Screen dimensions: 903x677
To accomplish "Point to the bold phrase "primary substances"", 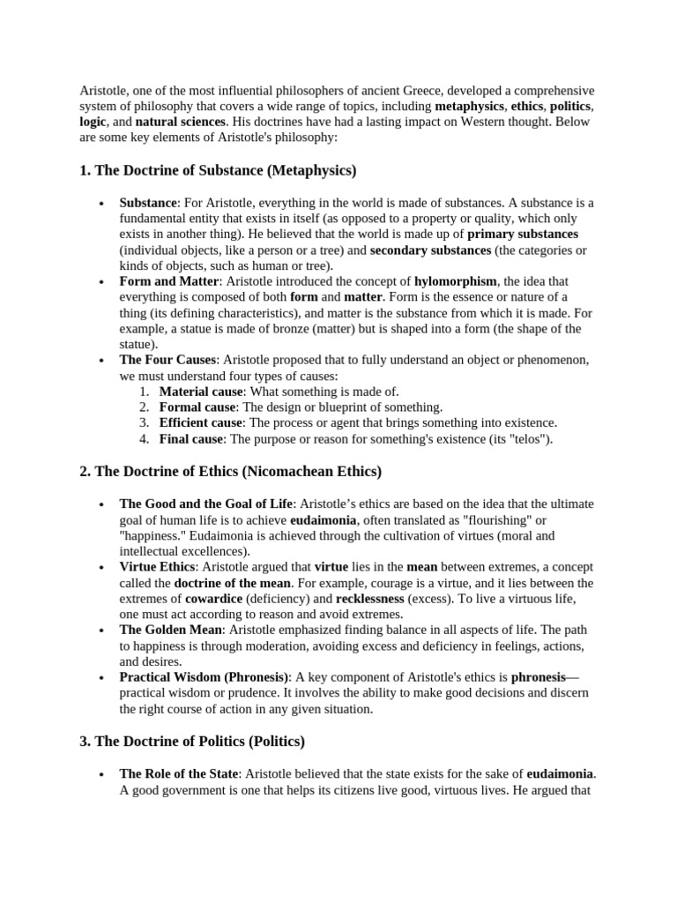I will pos(523,234).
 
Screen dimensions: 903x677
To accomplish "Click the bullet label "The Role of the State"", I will pos(179,773).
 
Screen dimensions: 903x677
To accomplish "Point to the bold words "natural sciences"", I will pos(181,122).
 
